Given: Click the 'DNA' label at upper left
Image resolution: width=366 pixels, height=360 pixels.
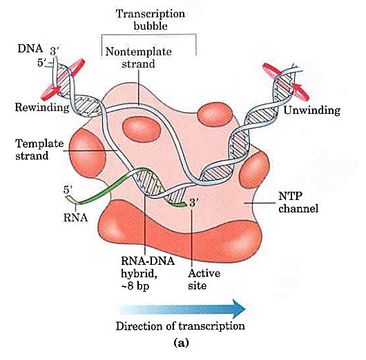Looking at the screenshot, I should [x=30, y=49].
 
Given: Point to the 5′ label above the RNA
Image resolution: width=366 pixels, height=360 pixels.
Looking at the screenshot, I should [x=67, y=188].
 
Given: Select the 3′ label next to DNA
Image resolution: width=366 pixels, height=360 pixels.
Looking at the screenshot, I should [x=55, y=49].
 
